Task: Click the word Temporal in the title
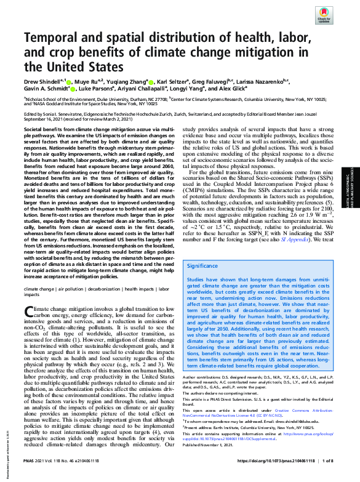(50, 38)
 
